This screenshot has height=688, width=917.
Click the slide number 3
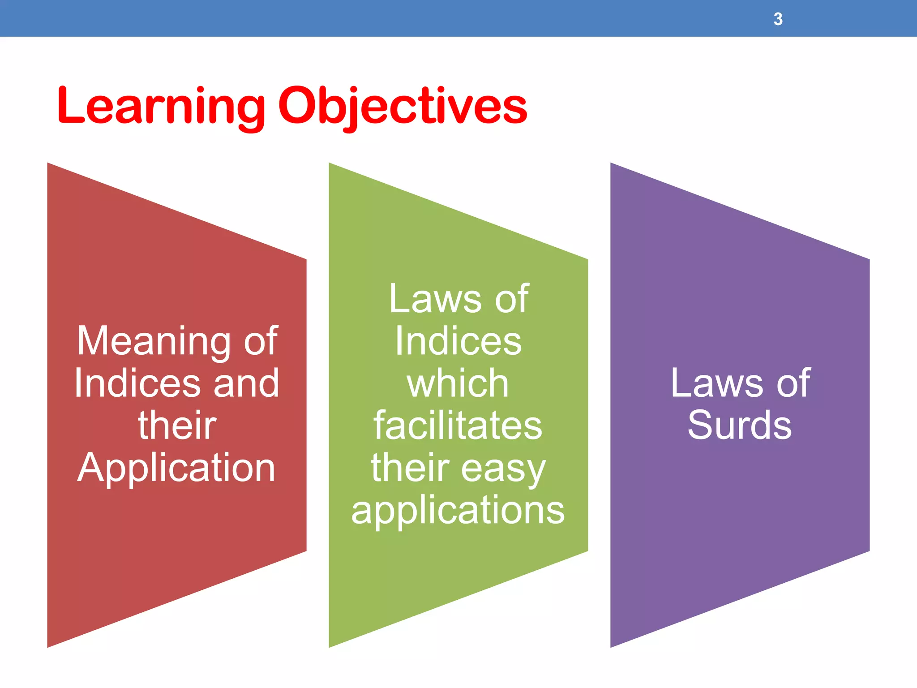pos(778,19)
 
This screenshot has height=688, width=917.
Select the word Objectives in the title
pos(403,106)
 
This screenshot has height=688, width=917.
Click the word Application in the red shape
pos(176,468)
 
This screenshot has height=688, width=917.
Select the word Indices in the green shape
pos(458,342)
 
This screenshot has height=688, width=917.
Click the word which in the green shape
pos(458,384)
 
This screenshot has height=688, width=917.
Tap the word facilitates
pos(458,426)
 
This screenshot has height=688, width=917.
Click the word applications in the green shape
pos(458,511)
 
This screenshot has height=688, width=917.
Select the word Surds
pos(740,426)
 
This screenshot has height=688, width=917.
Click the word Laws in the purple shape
pos(716,384)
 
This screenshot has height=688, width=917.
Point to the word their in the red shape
pos(177,426)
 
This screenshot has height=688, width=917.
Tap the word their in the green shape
pos(410,468)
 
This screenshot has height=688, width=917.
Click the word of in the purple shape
pos(793,384)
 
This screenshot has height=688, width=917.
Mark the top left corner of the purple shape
pos(611,164)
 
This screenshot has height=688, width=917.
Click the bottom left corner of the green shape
pos(330,646)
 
